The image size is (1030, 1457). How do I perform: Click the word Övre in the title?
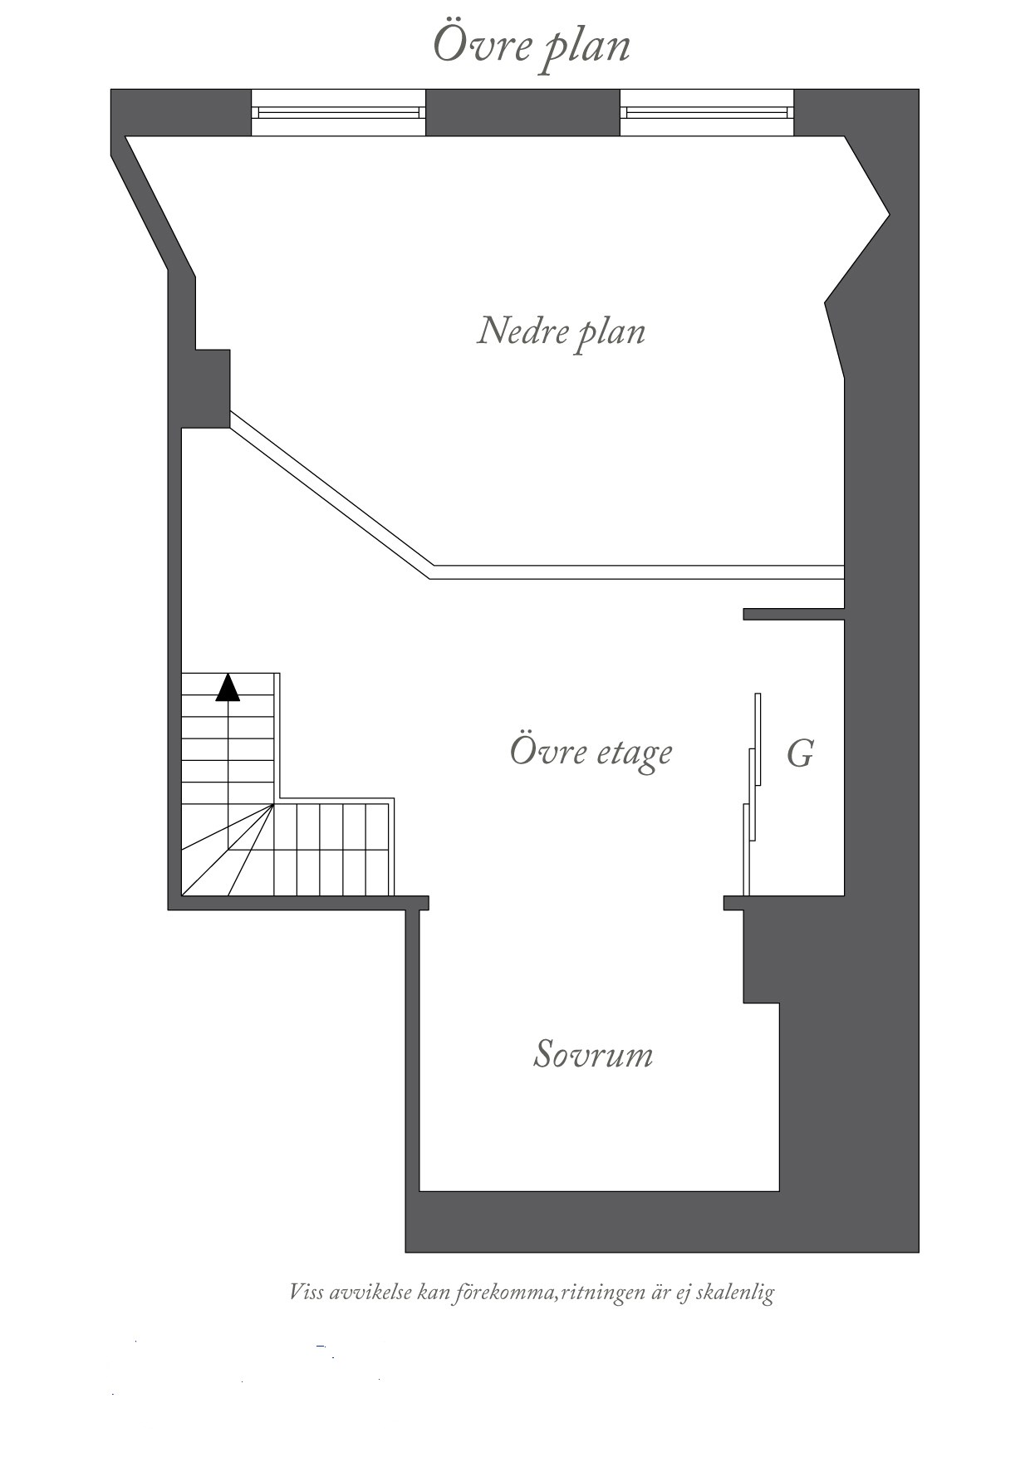[x=482, y=43]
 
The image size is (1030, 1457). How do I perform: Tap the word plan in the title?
[x=586, y=47]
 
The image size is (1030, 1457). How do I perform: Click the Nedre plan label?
[x=561, y=331]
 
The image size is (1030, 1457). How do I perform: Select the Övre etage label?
[x=591, y=752]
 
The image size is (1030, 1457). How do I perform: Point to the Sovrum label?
[x=592, y=1054]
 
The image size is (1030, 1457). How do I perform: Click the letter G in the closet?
[x=799, y=755]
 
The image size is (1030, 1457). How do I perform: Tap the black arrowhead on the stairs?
[x=228, y=688]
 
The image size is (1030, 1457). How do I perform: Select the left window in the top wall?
[x=338, y=112]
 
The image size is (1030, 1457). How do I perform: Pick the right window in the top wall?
[x=707, y=112]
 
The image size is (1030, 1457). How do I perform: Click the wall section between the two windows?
[x=522, y=112]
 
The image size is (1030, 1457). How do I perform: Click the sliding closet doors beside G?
[x=753, y=793]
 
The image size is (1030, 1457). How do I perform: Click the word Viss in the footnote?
[x=306, y=1293]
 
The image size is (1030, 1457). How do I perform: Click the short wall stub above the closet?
[x=793, y=614]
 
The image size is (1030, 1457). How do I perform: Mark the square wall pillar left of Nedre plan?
[x=213, y=388]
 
